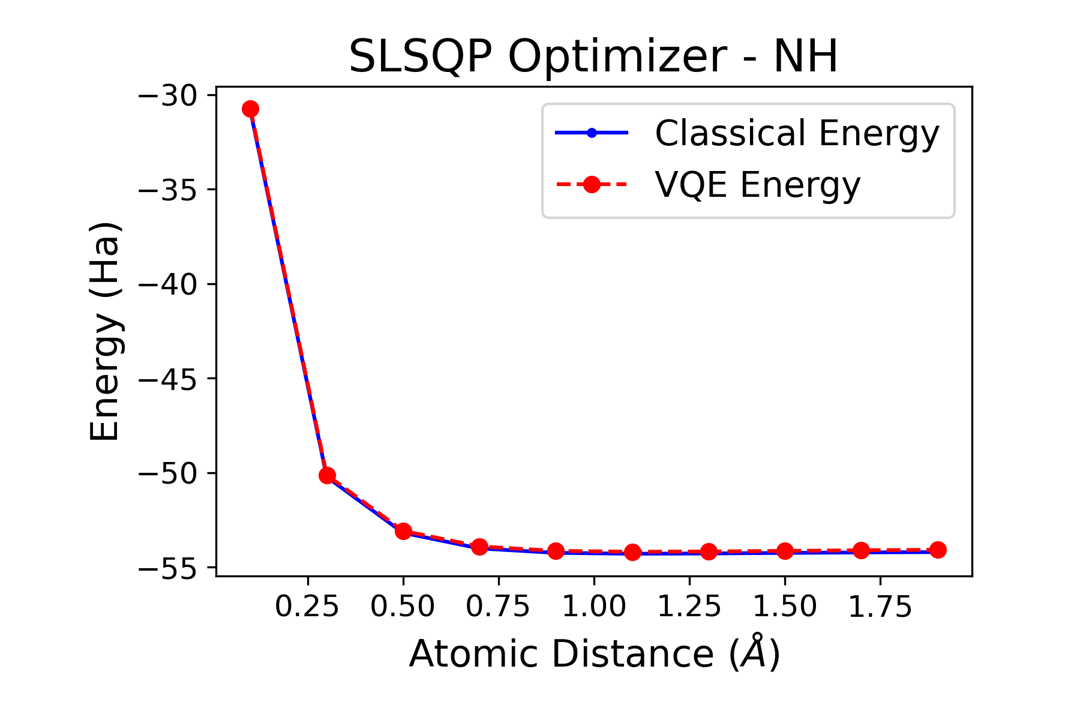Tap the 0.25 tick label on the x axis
click(307, 607)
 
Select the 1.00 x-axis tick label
click(594, 607)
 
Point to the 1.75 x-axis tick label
click(880, 607)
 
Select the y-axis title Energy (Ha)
click(106, 331)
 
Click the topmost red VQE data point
click(250, 109)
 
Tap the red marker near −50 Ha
click(327, 476)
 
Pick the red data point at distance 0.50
click(403, 531)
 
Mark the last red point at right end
click(938, 550)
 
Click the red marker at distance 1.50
click(785, 551)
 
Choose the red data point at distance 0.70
click(479, 547)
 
